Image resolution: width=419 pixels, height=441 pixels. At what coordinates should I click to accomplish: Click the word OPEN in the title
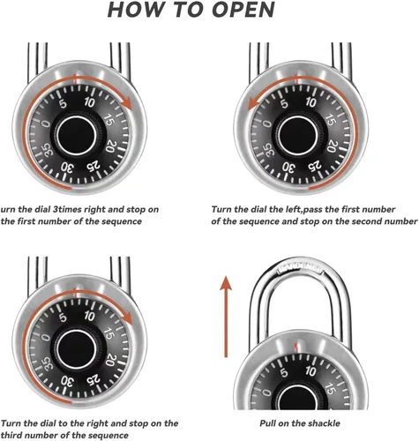(x=243, y=10)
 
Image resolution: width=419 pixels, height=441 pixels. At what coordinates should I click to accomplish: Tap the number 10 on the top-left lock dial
(x=89, y=102)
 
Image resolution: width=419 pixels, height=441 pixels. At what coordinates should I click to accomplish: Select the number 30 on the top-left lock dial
(x=67, y=168)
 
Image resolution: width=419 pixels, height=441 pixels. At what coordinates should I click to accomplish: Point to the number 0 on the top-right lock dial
(x=266, y=123)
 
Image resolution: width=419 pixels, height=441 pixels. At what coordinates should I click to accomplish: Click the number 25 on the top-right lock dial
(x=315, y=167)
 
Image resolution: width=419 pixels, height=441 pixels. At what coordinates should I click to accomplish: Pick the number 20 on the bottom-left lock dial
(x=110, y=359)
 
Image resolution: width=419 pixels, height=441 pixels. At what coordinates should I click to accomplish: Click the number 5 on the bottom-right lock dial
(x=284, y=372)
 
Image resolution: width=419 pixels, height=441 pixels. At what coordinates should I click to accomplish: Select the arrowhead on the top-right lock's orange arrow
(x=254, y=105)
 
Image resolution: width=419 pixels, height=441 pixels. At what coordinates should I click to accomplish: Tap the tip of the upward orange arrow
(x=226, y=276)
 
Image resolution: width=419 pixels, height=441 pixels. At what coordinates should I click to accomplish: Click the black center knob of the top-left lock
(x=77, y=136)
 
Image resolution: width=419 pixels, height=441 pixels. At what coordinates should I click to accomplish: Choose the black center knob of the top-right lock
(x=298, y=135)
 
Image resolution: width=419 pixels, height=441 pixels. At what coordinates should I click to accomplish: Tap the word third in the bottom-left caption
(x=11, y=435)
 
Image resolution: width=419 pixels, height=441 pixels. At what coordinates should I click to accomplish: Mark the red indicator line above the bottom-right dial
(x=297, y=347)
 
